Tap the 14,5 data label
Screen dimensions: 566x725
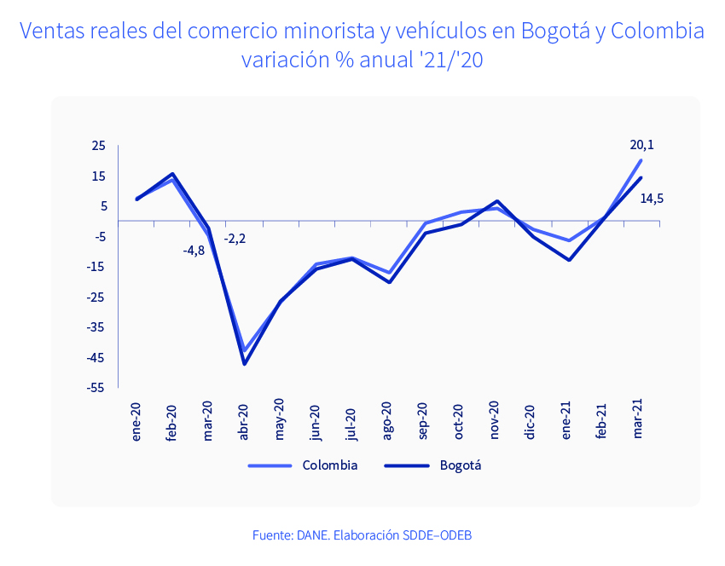click(652, 199)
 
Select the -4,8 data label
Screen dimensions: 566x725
click(194, 251)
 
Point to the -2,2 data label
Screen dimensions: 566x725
click(235, 239)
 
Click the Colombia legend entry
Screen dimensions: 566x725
click(329, 465)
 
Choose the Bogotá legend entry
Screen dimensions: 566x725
click(461, 465)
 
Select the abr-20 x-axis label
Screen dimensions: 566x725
click(243, 420)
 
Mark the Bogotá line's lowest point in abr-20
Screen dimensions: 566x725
click(245, 364)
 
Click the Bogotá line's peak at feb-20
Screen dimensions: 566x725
click(173, 174)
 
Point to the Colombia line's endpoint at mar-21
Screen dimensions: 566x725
click(641, 160)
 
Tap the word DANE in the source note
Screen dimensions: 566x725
click(311, 535)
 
